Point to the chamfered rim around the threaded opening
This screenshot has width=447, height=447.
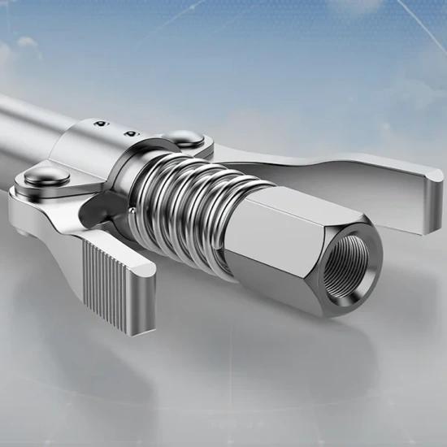362,244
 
